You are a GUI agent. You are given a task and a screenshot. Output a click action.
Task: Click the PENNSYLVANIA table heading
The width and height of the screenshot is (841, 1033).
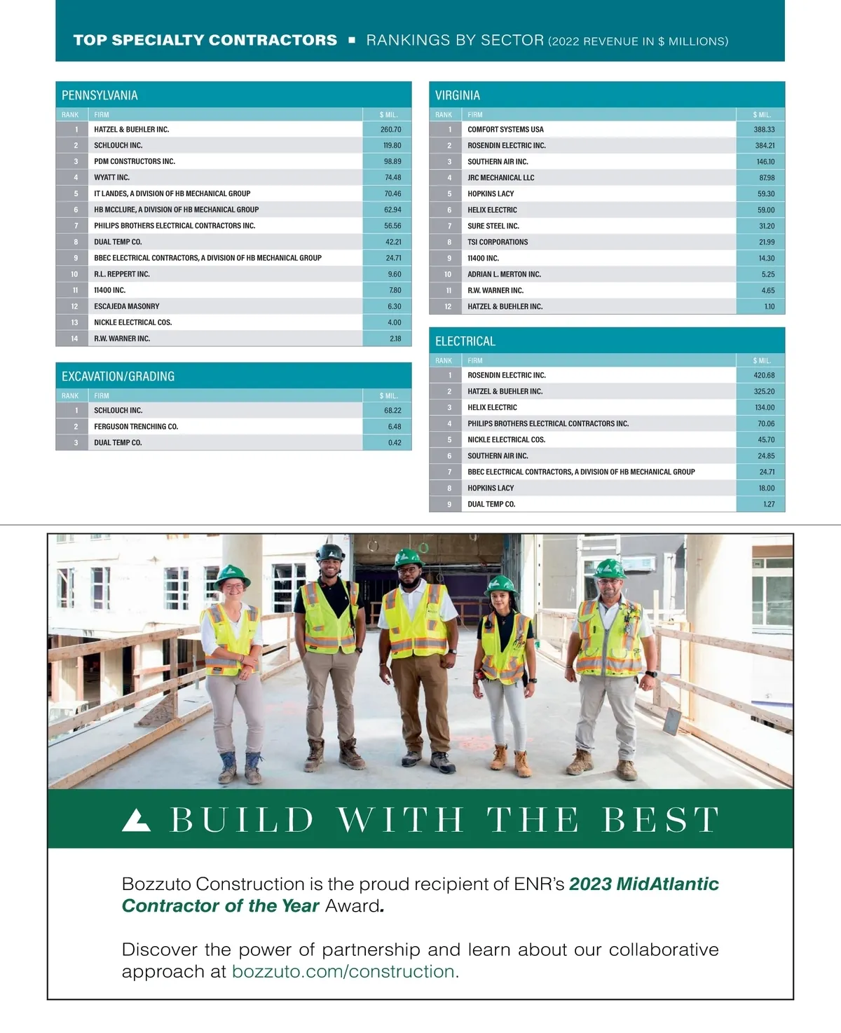point(100,95)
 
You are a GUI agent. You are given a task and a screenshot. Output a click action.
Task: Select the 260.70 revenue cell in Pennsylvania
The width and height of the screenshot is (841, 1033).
point(390,130)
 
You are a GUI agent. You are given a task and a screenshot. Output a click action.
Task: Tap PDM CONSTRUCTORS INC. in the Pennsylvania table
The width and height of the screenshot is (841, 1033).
point(135,161)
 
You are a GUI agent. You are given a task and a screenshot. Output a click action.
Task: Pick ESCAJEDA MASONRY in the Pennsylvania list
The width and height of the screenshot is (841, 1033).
point(127,306)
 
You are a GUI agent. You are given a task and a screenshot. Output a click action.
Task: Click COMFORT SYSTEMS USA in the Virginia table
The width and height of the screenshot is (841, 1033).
point(505,130)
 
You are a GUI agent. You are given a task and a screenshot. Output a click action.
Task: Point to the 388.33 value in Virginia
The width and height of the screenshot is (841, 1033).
point(764,130)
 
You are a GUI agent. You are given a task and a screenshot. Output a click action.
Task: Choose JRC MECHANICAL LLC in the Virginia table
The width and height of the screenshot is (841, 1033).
point(500,178)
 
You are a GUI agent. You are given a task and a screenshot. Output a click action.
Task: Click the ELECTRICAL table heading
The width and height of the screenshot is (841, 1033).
point(465,341)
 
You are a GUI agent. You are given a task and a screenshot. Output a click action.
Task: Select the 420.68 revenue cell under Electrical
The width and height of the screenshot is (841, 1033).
point(764,376)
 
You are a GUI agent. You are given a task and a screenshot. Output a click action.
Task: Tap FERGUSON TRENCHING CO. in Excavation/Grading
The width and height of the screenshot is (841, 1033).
point(136,427)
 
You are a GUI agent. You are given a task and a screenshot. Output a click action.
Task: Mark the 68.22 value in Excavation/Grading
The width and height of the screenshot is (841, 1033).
point(392,411)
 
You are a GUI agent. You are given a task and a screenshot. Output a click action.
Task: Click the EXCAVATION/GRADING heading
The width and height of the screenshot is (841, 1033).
point(118,376)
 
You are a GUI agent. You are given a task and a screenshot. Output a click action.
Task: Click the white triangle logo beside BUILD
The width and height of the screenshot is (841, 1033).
point(136,820)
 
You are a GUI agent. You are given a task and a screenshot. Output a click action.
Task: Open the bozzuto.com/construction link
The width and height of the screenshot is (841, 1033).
point(346,971)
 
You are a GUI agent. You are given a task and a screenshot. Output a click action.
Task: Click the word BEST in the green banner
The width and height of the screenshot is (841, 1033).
point(660,820)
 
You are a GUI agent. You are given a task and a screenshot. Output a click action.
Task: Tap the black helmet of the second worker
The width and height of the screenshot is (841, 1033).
point(330,552)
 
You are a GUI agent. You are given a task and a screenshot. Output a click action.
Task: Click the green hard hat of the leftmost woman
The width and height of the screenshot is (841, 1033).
point(233,575)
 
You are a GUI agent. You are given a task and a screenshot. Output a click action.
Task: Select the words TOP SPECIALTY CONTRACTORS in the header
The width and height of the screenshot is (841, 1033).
point(205,41)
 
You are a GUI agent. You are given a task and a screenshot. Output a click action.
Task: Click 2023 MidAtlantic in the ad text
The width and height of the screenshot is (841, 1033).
point(643,884)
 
